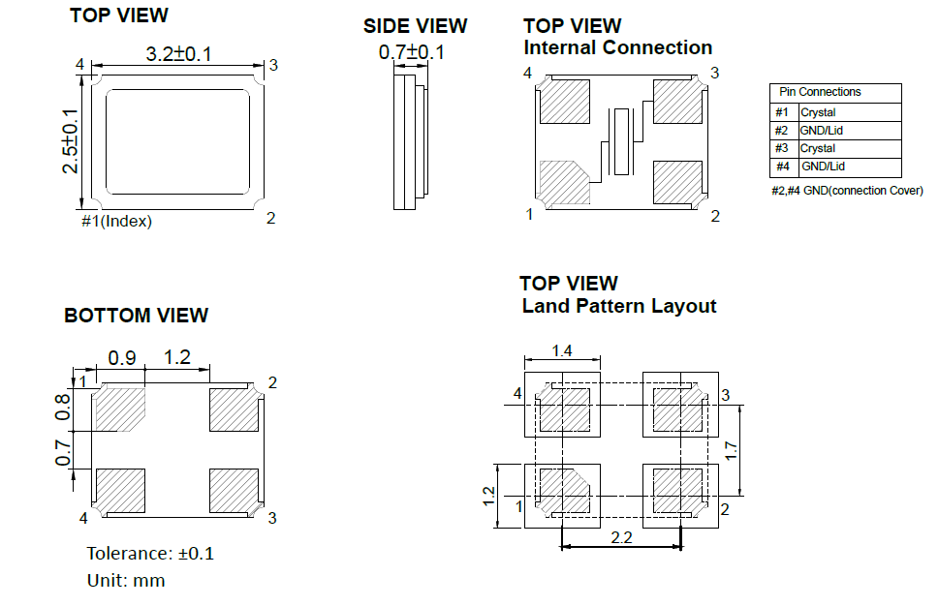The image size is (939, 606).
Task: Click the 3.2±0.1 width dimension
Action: [178, 55]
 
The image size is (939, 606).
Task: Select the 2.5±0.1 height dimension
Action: [70, 141]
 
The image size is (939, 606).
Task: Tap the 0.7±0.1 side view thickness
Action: [411, 52]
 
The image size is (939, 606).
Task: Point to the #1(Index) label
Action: [116, 221]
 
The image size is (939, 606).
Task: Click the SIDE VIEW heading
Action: [415, 26]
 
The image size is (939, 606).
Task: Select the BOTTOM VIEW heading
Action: [136, 316]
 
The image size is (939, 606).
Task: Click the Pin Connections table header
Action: [820, 92]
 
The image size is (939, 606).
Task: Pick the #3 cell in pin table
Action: [782, 148]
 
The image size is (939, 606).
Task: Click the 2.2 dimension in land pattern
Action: [622, 537]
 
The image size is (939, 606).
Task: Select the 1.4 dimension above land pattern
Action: [561, 350]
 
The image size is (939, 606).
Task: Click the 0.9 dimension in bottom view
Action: [121, 358]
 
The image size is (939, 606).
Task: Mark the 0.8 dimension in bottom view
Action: [63, 406]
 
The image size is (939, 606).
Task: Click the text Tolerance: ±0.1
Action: [150, 554]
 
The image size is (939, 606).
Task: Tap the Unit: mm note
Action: [126, 581]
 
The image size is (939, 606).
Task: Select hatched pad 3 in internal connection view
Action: [676, 101]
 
